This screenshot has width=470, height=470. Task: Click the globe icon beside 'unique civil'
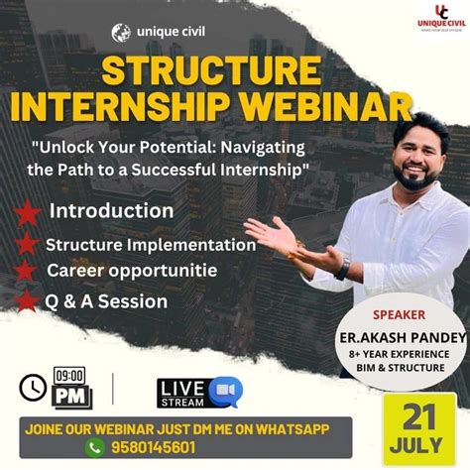tap(121, 32)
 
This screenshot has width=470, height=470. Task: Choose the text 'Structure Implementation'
tap(151, 244)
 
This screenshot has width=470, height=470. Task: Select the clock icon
tap(33, 385)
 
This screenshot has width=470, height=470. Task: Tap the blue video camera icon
tap(225, 392)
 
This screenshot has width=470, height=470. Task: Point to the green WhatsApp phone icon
tap(95, 448)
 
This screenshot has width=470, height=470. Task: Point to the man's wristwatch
tap(343, 268)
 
